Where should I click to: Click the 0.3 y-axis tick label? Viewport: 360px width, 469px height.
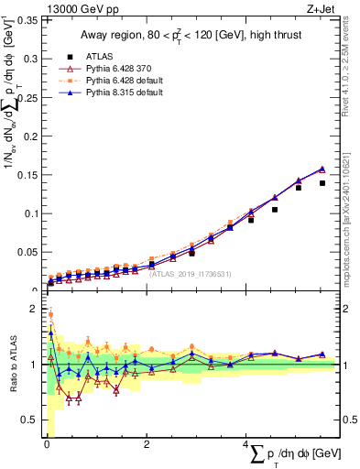(28, 58)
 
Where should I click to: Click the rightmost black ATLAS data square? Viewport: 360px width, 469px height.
(322, 183)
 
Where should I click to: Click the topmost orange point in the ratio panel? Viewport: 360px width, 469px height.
(50, 314)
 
